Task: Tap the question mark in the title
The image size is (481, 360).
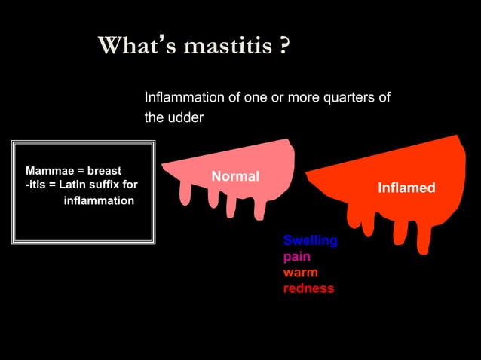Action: [283, 47]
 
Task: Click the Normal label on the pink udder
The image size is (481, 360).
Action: [235, 176]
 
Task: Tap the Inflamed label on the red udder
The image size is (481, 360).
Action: [406, 188]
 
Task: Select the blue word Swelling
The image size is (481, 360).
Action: [310, 241]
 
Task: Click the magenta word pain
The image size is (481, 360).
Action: [296, 257]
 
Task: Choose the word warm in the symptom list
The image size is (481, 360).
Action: [300, 273]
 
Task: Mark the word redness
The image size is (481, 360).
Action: [308, 288]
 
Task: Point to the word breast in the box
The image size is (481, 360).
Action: [105, 170]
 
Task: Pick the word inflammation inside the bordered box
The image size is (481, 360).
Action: [99, 201]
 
